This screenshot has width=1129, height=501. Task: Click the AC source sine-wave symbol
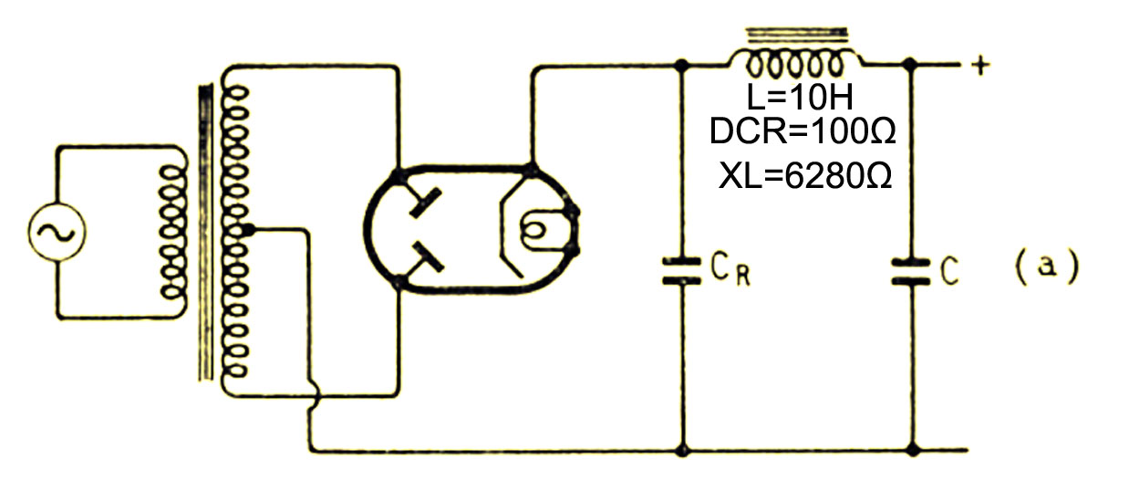click(57, 232)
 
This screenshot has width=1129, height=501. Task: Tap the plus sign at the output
click(979, 66)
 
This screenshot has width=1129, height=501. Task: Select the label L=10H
click(800, 98)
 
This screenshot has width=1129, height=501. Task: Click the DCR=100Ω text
click(803, 131)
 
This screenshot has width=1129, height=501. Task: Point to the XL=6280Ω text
click(805, 176)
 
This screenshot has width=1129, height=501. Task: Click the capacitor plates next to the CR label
click(681, 271)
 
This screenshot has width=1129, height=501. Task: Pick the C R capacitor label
click(730, 270)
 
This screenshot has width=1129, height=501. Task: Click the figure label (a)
click(1047, 266)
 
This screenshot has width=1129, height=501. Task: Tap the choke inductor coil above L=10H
click(794, 64)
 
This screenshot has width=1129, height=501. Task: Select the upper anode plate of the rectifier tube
click(425, 203)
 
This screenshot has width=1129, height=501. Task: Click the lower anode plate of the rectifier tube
click(428, 256)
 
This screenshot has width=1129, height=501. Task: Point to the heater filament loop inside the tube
click(534, 231)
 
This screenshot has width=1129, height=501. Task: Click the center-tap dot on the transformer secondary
click(248, 231)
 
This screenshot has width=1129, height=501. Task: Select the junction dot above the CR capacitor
click(681, 65)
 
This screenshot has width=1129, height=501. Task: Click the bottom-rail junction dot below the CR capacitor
click(682, 450)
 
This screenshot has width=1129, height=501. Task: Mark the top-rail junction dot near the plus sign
click(910, 65)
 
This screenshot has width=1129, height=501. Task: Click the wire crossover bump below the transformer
click(314, 395)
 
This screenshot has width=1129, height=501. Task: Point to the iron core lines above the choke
click(797, 35)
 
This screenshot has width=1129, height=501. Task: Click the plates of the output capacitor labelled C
click(911, 272)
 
